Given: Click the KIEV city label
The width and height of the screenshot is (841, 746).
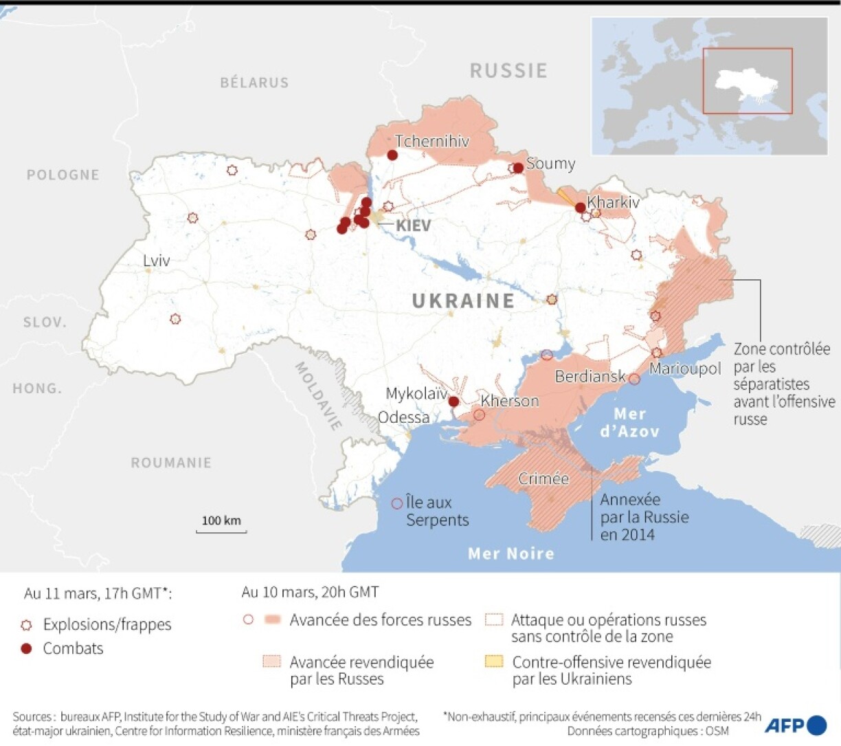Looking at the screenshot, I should click(x=413, y=226).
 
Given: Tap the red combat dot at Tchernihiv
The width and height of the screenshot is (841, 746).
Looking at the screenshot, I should click(x=392, y=155).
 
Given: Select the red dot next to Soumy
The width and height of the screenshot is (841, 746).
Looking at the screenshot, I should click(x=518, y=168).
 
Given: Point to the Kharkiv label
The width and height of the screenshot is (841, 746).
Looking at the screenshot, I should click(x=613, y=202).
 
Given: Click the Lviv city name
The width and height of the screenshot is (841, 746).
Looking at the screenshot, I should click(x=156, y=261).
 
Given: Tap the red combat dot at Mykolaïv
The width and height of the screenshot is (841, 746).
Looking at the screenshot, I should click(x=453, y=402).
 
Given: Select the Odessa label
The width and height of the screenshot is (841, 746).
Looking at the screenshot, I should click(x=404, y=417).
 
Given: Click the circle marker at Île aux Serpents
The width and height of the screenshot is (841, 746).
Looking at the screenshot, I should click(x=396, y=503).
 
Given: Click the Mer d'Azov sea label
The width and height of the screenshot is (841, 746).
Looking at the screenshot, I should click(x=629, y=422).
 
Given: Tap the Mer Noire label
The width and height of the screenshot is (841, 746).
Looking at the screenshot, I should click(x=511, y=553).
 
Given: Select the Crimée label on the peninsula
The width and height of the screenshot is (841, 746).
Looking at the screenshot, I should click(x=543, y=479).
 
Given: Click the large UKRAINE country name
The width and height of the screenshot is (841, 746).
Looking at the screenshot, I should click(x=463, y=300).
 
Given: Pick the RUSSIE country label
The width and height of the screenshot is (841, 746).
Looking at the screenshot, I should click(x=508, y=70).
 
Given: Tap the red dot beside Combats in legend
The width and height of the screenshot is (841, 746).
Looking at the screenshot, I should click(x=27, y=648).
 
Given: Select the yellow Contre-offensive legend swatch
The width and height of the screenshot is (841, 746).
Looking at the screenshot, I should click(x=494, y=662).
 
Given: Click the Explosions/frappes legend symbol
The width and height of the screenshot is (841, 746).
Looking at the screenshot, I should click(x=27, y=625).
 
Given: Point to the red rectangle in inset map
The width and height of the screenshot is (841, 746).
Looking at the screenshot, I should click(x=747, y=80).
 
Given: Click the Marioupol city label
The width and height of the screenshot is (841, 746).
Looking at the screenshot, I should click(x=685, y=369).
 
